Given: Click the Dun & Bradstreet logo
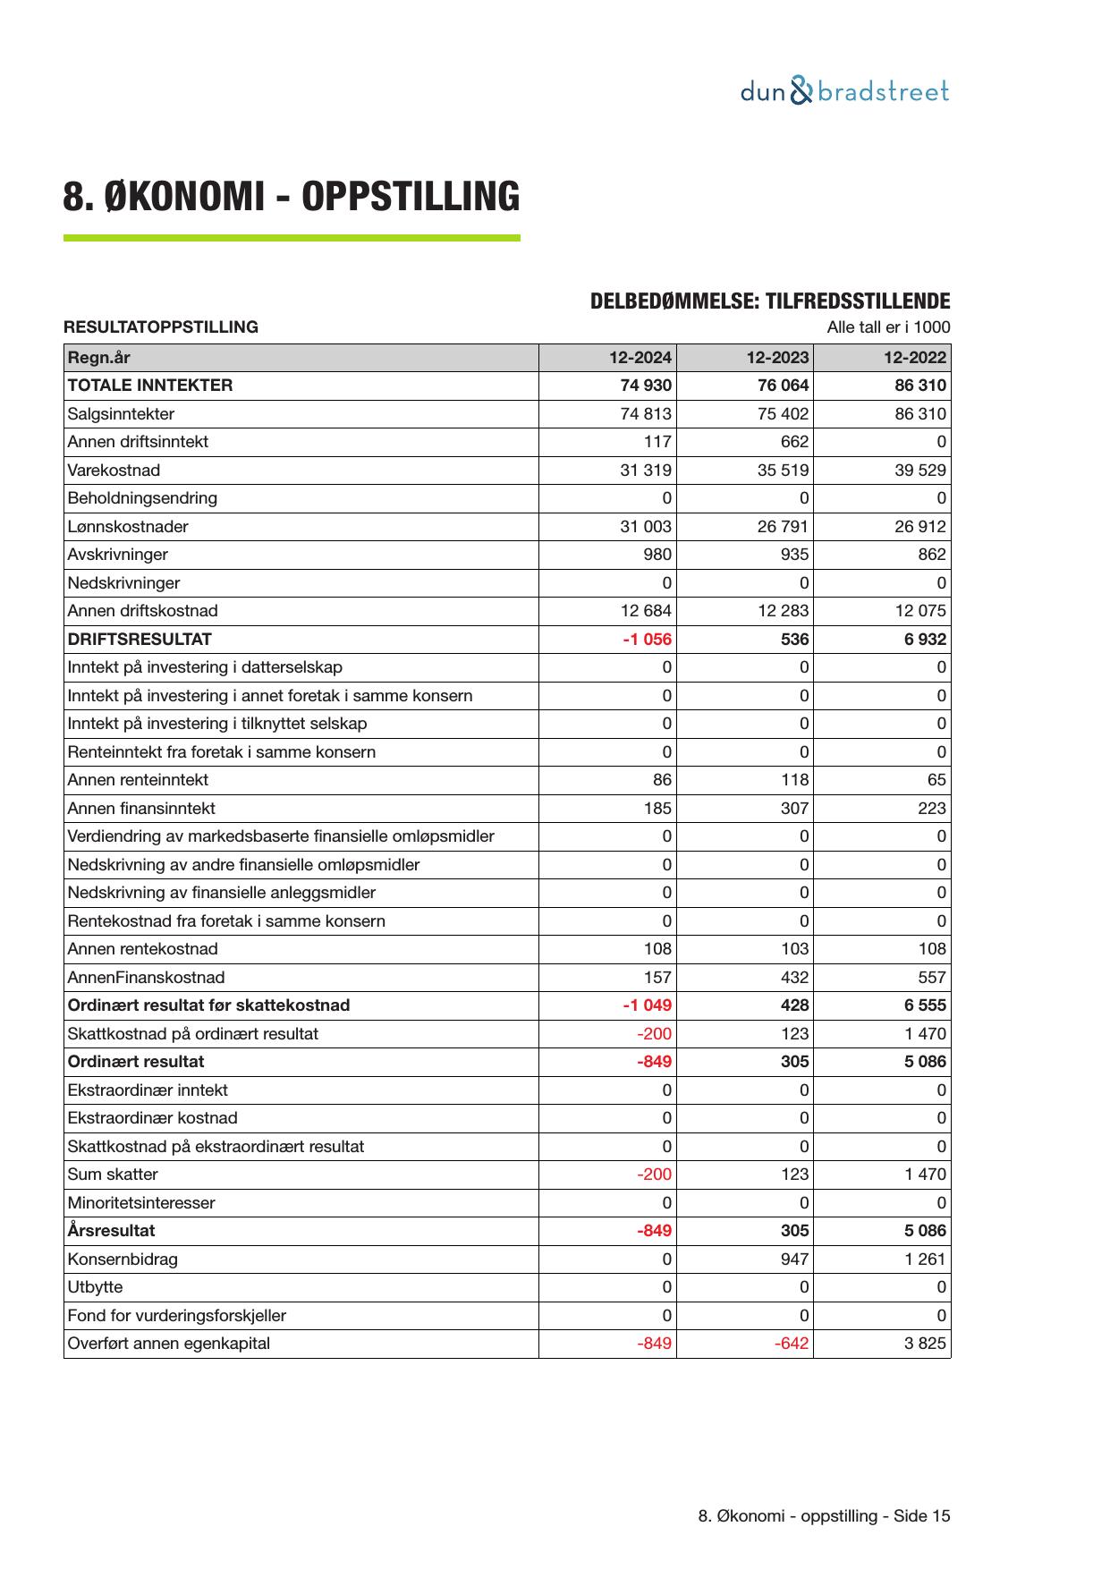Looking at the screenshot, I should tap(844, 91).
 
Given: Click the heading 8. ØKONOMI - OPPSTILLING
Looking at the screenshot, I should tap(291, 197).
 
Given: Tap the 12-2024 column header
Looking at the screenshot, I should tap(640, 358).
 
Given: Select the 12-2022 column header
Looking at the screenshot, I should tap(914, 358).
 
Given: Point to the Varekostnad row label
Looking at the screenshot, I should tap(114, 471).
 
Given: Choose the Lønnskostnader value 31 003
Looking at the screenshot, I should tap(645, 527).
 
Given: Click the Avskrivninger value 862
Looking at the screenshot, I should tap(931, 555).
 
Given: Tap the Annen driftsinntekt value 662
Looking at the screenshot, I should tap(793, 442).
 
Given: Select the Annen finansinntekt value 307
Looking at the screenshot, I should tap(793, 809).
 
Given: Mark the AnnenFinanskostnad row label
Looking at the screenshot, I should tap(146, 978).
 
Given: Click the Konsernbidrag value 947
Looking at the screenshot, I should tap(793, 1259).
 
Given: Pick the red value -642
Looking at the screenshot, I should tap(791, 1344).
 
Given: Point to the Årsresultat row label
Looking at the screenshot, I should tap(111, 1231).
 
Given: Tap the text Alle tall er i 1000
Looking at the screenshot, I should tap(888, 327).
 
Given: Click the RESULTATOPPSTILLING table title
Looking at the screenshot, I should tap(161, 327).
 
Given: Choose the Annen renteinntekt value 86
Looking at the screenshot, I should tap(662, 780).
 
